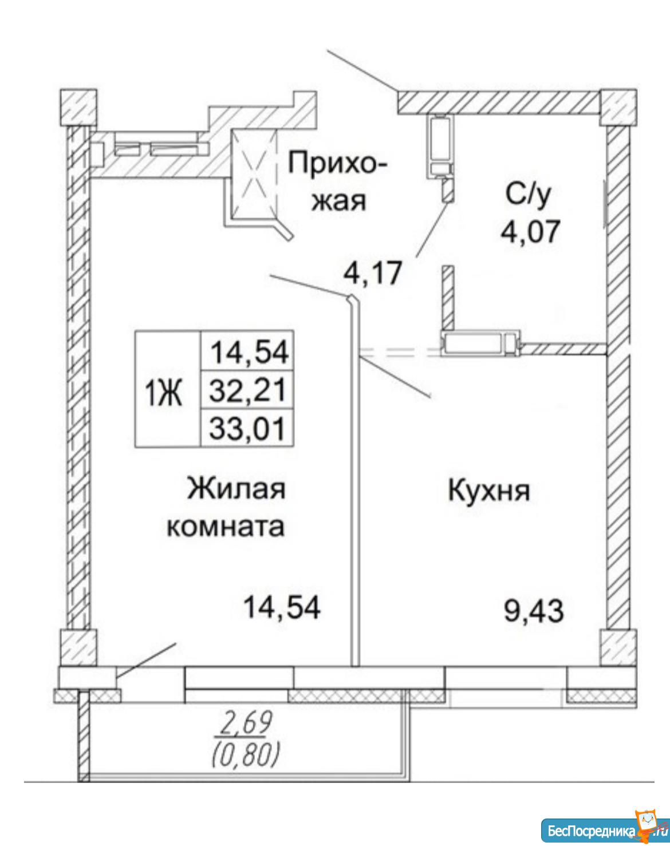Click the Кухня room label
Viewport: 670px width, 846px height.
coord(488,492)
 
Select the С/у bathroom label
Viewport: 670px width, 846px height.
coord(527,197)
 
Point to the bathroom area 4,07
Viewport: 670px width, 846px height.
coord(529,232)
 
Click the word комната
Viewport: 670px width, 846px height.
coord(226,527)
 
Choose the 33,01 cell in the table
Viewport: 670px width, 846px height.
coord(247,428)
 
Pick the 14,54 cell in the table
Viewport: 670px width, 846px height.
coord(247,351)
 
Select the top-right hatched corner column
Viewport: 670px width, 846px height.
coord(619,107)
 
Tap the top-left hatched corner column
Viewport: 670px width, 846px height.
coord(78,107)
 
